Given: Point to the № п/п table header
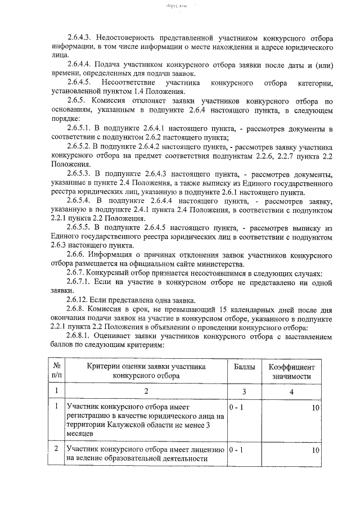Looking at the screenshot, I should click(57, 371).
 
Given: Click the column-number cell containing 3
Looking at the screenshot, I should click(244, 391).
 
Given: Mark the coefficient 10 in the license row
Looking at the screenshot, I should click(315, 450).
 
